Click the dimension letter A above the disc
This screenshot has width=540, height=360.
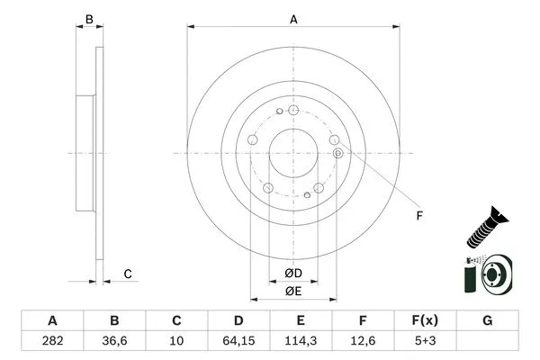(x=293, y=18)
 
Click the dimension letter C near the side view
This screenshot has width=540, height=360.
(x=128, y=274)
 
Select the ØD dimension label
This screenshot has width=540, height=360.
(x=293, y=274)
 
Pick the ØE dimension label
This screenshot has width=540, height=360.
(x=293, y=291)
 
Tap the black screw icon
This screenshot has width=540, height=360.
(x=484, y=226)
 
